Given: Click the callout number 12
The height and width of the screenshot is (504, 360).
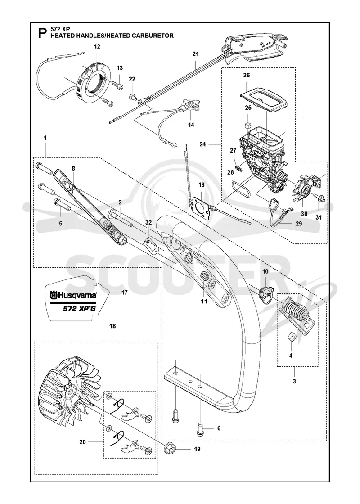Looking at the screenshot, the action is coord(97,47).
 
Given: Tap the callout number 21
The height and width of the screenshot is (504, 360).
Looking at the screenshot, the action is coord(196,54).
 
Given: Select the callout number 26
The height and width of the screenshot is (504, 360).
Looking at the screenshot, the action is coord(247,75).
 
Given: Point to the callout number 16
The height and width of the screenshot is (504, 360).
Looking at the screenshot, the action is coord(201,185).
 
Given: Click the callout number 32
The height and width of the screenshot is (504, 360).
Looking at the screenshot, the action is coord(148,222).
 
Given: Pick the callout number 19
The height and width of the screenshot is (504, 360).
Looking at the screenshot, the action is coord(198,449).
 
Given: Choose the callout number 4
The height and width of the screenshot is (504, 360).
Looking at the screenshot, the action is coord(291,355).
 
